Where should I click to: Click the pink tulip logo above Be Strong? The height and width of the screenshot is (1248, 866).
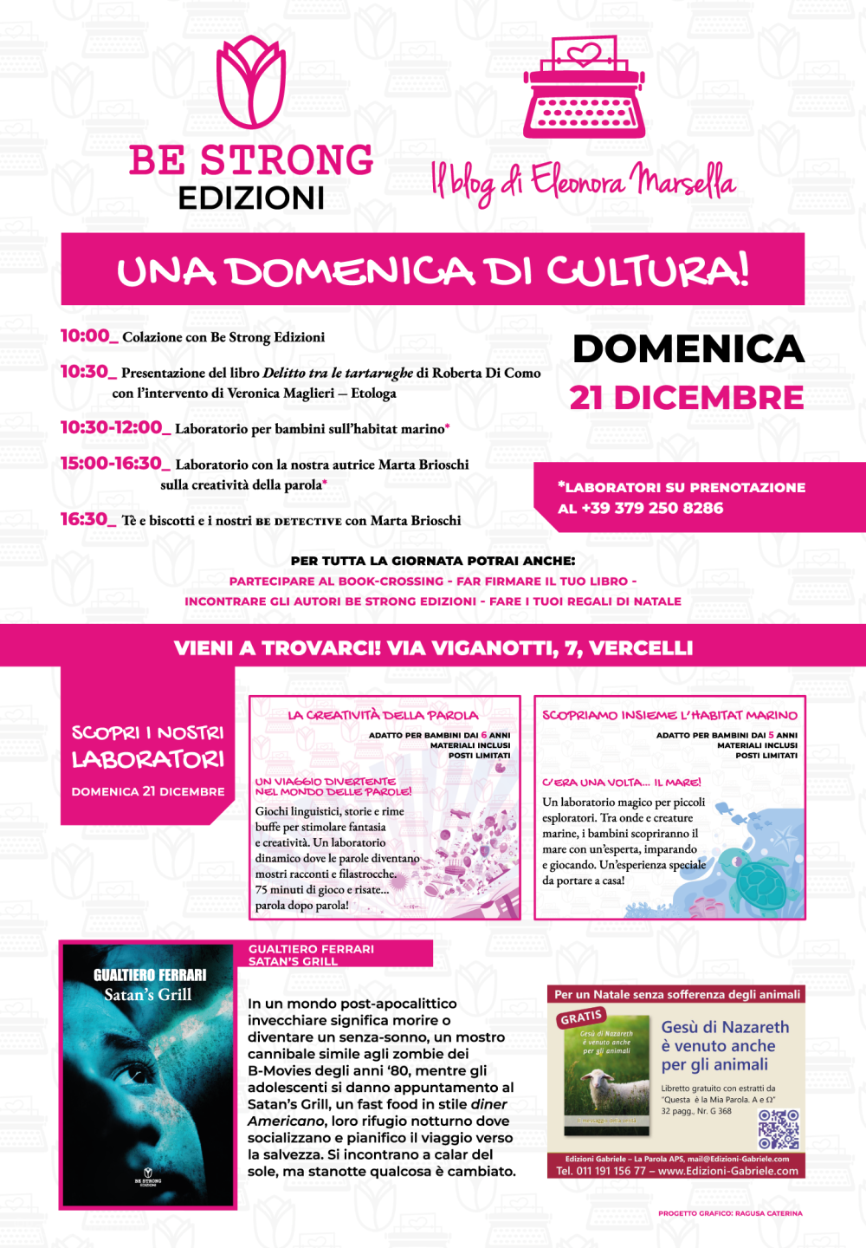click(x=251, y=82)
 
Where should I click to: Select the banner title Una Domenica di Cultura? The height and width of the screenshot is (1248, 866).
click(x=433, y=270)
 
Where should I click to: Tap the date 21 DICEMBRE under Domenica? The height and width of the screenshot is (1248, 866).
click(x=687, y=398)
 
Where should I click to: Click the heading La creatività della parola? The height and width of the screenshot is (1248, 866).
click(x=384, y=715)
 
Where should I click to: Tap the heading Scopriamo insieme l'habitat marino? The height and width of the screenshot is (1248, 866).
click(x=669, y=715)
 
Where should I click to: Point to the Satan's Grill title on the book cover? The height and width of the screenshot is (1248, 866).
click(x=148, y=995)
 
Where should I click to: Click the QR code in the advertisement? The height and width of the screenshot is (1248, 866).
click(x=779, y=1129)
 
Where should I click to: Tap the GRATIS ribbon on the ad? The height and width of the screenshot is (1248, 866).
click(x=581, y=1017)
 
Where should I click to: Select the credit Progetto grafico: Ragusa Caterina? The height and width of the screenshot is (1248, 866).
click(x=730, y=1213)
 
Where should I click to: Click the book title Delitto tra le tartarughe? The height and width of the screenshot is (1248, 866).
click(x=338, y=373)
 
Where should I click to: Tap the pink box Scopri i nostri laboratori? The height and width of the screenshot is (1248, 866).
click(x=147, y=748)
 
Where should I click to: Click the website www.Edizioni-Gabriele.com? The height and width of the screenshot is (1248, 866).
click(x=727, y=1171)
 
